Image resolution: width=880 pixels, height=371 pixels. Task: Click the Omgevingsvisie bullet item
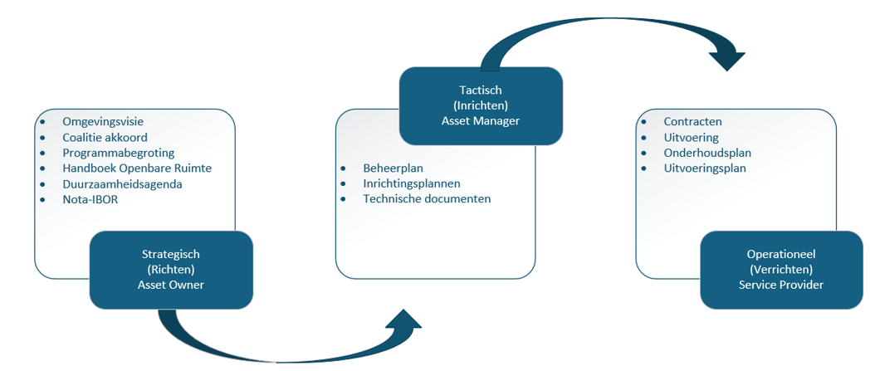(x=103, y=122)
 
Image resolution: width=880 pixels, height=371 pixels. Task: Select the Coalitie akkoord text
(x=104, y=138)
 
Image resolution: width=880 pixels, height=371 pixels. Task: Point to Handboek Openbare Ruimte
(x=137, y=168)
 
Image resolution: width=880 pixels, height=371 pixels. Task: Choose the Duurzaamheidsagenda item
(x=122, y=183)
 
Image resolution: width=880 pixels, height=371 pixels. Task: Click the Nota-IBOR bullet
(x=90, y=199)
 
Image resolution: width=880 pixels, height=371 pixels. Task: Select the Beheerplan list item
(x=394, y=168)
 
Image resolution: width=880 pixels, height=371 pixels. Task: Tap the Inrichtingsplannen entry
(x=412, y=183)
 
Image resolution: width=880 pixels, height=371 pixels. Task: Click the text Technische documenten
(x=427, y=199)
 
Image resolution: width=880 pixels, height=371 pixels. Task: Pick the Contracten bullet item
(x=692, y=122)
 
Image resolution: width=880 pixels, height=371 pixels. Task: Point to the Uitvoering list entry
(x=691, y=138)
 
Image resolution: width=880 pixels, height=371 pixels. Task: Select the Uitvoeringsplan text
(x=705, y=168)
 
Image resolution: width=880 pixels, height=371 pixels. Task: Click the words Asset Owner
(x=170, y=285)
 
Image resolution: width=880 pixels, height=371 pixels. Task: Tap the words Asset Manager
(x=481, y=121)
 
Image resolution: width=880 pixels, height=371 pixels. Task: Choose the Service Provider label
(x=780, y=285)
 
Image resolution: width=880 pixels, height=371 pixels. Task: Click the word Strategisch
(x=170, y=254)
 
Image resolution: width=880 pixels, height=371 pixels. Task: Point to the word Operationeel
(x=780, y=254)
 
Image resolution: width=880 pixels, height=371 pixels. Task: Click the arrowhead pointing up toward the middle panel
(x=404, y=323)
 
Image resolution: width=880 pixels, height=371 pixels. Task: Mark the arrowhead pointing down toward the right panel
(x=727, y=57)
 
